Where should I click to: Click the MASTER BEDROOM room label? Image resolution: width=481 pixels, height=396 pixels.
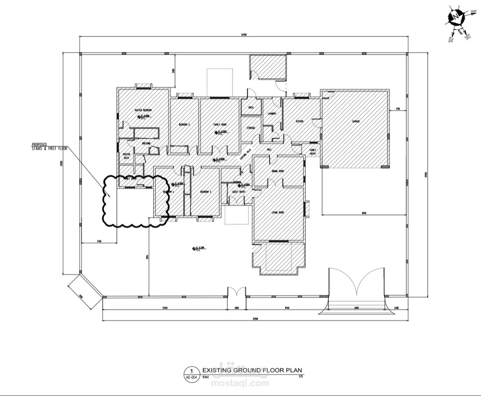coord(143,110)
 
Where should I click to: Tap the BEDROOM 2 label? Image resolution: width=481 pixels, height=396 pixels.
coord(184,124)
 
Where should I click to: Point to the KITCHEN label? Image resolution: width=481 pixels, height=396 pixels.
coord(300,121)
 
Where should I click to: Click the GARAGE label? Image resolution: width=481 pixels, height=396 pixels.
coord(355,121)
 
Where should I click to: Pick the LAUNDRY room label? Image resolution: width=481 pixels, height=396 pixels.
coord(273,114)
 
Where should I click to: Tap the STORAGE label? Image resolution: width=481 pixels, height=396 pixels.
coord(251,127)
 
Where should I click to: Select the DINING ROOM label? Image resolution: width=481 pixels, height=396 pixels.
coord(278,171)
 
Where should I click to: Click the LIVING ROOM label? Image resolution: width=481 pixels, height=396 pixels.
coord(278,212)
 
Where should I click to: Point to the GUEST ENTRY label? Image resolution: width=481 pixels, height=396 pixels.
coord(238,192)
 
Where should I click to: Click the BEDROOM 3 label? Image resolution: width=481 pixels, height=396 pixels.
coord(206,192)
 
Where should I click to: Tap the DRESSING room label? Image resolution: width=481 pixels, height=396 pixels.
coord(145,143)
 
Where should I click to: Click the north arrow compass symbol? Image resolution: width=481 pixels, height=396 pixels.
coord(457,18)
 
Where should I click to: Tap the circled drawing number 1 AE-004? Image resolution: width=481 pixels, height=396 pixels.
coord(191,373)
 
